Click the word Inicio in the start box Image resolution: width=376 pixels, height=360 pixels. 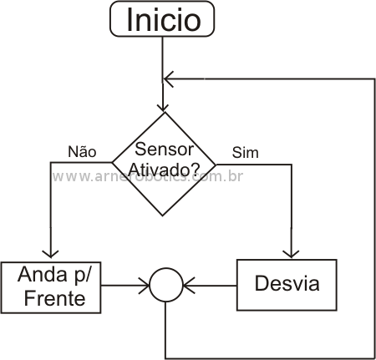point(164,19)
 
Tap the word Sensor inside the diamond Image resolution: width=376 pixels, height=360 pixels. point(164,150)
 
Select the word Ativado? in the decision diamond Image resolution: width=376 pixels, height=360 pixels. point(165,169)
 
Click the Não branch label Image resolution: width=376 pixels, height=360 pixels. point(82,151)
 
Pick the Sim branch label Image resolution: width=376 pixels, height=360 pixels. point(246,153)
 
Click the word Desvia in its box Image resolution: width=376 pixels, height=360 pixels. point(287,283)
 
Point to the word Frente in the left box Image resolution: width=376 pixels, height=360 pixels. point(54,298)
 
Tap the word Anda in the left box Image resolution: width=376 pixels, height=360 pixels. point(43,274)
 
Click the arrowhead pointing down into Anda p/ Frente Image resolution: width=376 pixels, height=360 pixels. point(50,254)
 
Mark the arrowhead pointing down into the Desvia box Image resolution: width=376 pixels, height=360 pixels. point(291,254)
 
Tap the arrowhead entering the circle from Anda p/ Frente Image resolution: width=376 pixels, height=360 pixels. point(145,286)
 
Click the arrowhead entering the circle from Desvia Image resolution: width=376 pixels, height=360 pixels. point(189,286)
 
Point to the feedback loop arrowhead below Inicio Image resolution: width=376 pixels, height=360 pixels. point(168,79)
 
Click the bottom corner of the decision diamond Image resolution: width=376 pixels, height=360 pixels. point(163,215)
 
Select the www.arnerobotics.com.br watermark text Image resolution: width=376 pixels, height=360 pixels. point(148,176)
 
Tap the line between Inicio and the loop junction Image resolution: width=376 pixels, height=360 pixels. point(163,58)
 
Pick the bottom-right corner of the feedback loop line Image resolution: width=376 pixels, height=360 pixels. point(374,358)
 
